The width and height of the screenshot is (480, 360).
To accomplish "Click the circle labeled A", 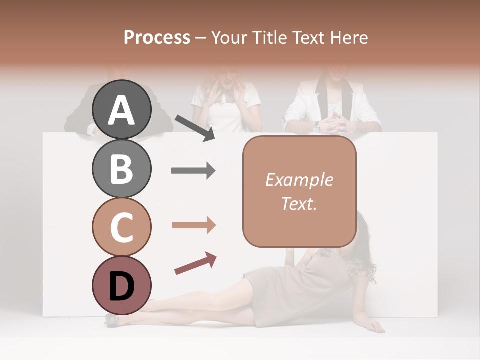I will tap(121, 109).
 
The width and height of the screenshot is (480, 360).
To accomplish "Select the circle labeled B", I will tap(121, 168).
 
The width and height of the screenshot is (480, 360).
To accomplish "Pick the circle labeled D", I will tap(121, 285).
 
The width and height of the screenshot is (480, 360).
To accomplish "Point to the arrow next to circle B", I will tap(193, 171).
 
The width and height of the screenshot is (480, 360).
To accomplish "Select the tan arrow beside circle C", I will tap(193, 225).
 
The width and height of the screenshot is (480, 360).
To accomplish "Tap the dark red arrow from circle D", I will tap(195, 263).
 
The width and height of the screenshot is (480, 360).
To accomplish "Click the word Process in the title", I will tap(157, 37).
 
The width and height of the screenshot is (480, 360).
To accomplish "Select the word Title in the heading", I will tap(270, 37).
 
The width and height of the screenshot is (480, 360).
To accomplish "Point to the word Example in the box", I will tap(299, 180).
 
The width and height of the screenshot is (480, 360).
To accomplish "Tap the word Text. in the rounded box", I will tap(299, 203).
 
